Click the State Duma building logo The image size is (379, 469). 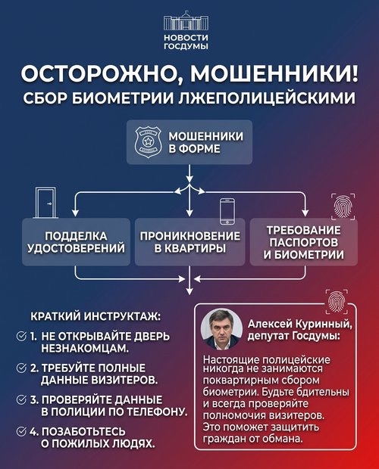186,21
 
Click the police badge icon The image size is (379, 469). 148,142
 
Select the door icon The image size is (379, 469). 45,203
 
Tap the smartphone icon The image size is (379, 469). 227,211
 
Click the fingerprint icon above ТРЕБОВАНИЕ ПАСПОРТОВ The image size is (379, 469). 343,207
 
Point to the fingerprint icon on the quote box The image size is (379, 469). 337,301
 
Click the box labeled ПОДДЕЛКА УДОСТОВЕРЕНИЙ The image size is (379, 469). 76,242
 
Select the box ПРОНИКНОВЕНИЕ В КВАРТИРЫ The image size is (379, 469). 189,242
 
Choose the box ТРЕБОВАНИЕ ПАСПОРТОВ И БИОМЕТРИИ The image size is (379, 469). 304,242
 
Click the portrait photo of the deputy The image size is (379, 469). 221,329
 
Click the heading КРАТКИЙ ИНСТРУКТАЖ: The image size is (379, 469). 96,317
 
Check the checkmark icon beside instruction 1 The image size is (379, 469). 21,337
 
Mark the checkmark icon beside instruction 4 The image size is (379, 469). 21,432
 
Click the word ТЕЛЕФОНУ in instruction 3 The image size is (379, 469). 156,412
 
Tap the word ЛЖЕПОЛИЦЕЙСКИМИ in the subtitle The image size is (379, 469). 267,98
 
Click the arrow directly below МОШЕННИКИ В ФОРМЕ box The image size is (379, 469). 189,173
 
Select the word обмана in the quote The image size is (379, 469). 282,439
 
